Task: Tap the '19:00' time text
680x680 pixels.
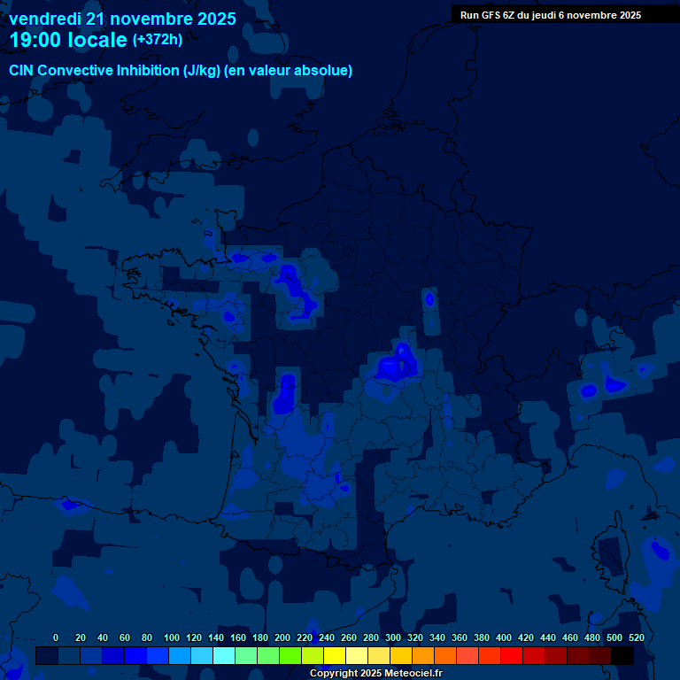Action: point(34,40)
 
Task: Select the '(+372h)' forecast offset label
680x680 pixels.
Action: point(158,40)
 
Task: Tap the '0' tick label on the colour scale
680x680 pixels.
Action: point(56,637)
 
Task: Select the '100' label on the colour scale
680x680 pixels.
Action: point(172,637)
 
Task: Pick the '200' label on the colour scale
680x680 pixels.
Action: point(282,637)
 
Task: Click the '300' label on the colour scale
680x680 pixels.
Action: point(393,637)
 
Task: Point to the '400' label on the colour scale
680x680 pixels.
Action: point(504,637)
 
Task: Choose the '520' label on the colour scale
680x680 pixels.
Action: point(636,637)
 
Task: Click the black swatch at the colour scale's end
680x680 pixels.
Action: point(622,655)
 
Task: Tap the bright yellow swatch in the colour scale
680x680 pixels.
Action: point(334,655)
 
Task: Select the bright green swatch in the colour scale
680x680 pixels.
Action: point(290,655)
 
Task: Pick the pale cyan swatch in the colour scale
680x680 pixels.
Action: point(223,655)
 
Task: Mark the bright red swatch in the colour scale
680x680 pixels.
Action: point(511,655)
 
